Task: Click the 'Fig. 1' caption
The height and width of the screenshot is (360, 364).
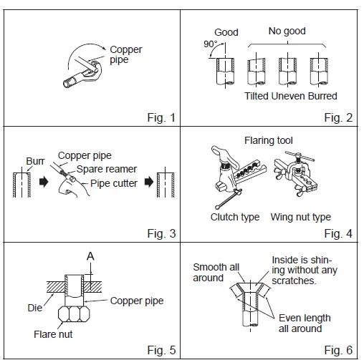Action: [161, 117]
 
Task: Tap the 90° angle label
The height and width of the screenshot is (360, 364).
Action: [211, 44]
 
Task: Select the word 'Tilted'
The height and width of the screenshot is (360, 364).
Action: [257, 96]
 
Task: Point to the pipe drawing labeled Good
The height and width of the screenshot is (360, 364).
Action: [225, 72]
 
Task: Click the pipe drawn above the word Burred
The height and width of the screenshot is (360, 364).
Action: [319, 72]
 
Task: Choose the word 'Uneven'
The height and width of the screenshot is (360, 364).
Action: [288, 96]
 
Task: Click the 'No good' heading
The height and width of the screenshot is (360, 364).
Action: [287, 31]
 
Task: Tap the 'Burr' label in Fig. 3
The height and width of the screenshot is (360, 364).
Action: [35, 161]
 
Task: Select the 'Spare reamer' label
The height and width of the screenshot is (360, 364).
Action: [107, 169]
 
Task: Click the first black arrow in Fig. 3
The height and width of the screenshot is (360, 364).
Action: [44, 182]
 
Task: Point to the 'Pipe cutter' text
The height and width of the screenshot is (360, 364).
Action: [114, 183]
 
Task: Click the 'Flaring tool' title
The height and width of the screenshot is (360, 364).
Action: [269, 140]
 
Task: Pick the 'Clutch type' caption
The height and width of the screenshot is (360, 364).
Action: [235, 217]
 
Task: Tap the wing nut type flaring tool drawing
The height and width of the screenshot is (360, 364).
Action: [296, 174]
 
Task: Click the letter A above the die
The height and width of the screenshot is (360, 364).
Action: [90, 256]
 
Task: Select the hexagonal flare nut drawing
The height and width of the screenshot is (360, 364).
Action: [74, 314]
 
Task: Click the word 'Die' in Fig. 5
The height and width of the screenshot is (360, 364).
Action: [35, 308]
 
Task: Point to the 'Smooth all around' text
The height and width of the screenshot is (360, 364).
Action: [216, 273]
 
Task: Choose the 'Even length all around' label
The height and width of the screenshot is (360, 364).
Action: [305, 323]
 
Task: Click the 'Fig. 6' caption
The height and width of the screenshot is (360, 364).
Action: [338, 350]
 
